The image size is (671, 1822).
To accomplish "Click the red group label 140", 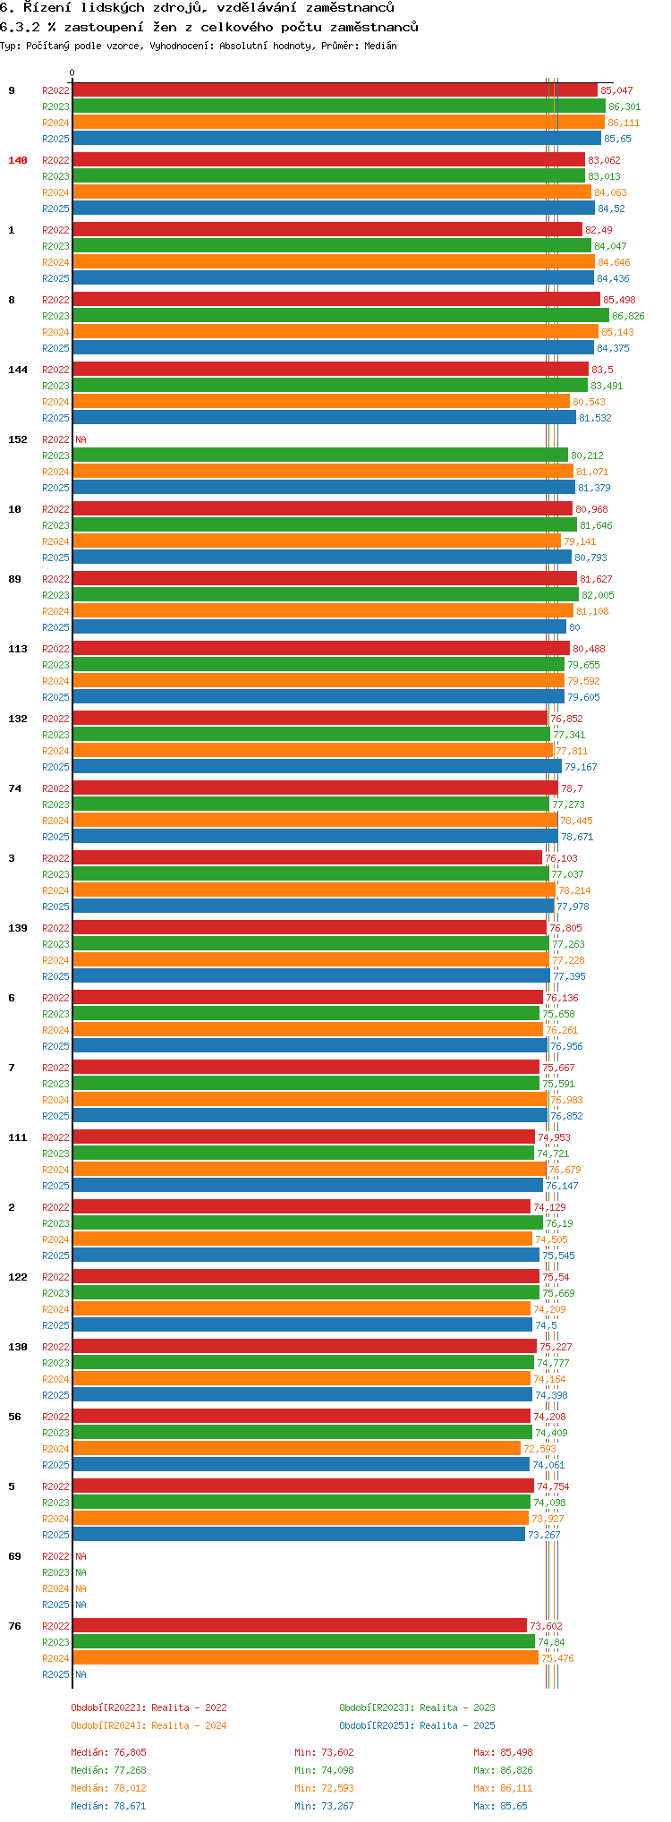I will (x=18, y=160).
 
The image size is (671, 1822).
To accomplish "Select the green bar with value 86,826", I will (x=340, y=316).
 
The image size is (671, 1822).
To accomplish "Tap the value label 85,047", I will (x=616, y=90).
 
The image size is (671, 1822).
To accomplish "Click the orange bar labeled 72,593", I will (x=296, y=1449).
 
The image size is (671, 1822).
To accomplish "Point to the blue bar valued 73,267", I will (x=299, y=1535).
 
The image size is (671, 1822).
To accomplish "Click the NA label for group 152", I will (x=81, y=439).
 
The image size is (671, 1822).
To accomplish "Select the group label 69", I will (x=14, y=1556).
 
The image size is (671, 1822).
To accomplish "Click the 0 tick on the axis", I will (x=72, y=73).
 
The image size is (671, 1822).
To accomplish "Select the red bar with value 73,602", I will (x=300, y=1626).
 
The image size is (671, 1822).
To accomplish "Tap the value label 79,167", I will (x=581, y=767).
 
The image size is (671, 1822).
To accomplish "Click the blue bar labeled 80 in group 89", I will (x=319, y=627).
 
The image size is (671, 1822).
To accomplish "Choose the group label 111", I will (x=18, y=1137).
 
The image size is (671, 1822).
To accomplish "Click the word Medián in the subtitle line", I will (x=381, y=46).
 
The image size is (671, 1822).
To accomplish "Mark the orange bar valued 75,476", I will (x=305, y=1658).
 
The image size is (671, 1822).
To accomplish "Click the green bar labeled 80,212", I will (x=320, y=455).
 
